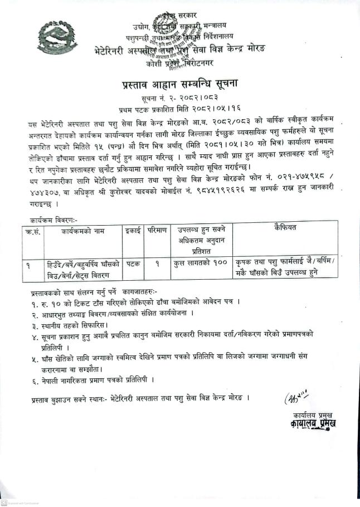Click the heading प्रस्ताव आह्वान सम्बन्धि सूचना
179,85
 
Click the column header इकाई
132,230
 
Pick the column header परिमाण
157,230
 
